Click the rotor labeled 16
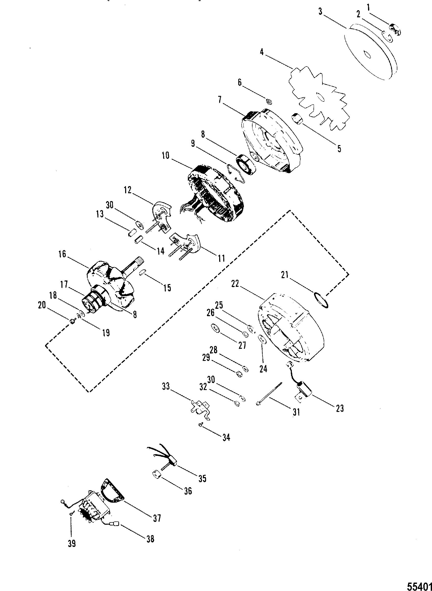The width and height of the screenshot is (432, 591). point(110,285)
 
